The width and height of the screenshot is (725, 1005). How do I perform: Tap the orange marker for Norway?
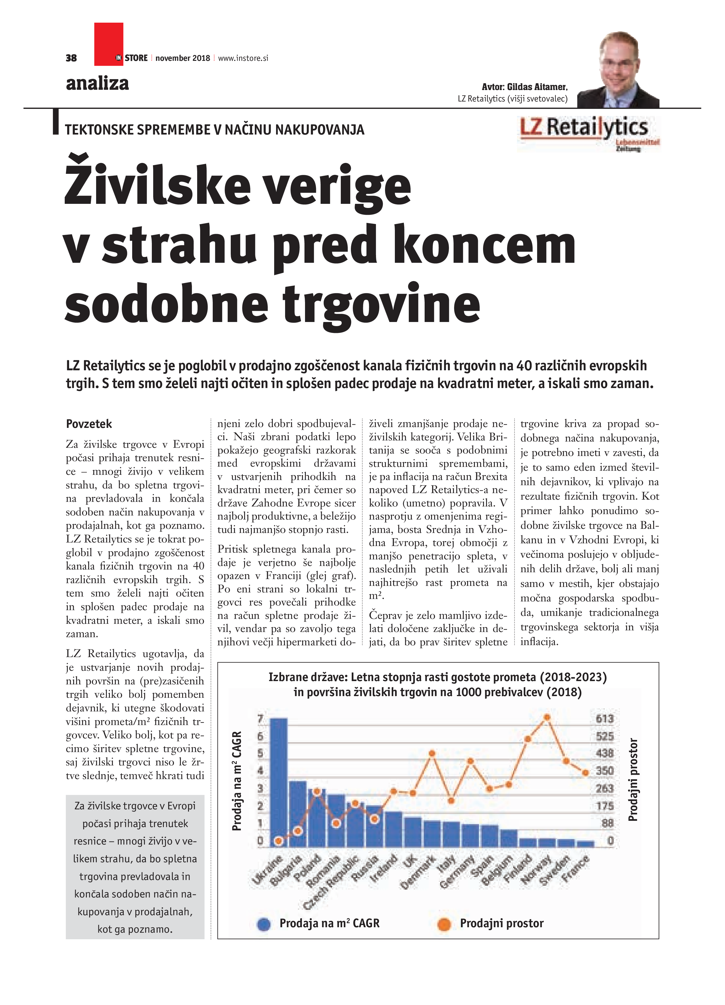(547, 717)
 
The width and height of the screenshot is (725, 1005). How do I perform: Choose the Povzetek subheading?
(89, 424)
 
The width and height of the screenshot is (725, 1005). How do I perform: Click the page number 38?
(71, 58)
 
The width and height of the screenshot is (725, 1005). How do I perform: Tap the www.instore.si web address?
(243, 58)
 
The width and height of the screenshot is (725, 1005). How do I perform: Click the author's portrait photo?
(619, 70)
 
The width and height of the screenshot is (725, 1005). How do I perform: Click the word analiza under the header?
(97, 83)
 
